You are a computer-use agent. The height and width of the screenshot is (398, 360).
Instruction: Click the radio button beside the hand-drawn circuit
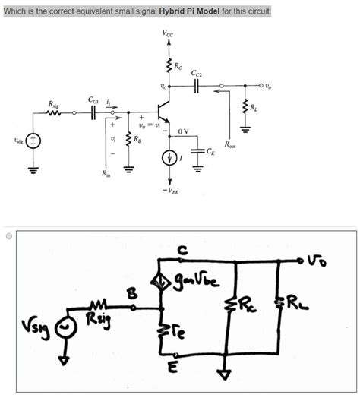coord(8,236)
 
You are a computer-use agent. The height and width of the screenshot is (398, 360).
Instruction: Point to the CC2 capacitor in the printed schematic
coord(197,86)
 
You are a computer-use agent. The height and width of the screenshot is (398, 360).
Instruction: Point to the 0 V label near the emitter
coord(183,131)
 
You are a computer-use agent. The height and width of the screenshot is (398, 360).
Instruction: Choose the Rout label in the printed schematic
coord(230,143)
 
